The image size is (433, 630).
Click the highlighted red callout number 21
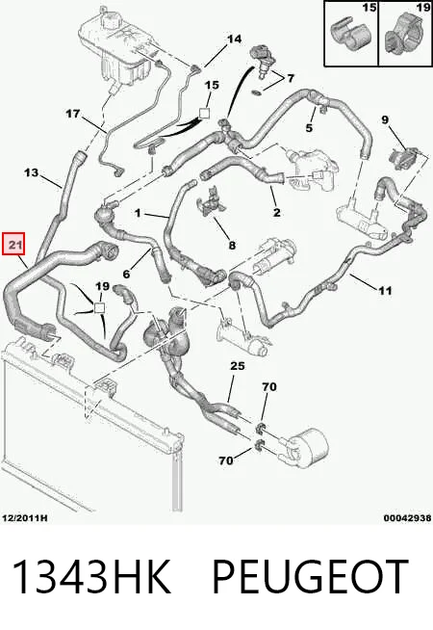14,244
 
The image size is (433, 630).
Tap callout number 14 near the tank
235,39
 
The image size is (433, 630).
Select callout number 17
73,114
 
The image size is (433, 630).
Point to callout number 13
32,172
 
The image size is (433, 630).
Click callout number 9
385,119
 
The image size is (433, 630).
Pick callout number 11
385,290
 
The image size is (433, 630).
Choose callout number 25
237,366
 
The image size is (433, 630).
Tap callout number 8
232,245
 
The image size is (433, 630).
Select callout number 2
276,213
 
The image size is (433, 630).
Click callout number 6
127,274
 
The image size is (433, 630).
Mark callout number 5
309,128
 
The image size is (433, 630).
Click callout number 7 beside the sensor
291,78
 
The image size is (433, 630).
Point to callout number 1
138,213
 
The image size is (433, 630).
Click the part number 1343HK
91,577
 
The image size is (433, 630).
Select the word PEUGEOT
310,577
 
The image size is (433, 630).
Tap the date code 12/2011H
24,518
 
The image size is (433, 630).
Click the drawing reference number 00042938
407,518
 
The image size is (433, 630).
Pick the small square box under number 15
205,114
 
